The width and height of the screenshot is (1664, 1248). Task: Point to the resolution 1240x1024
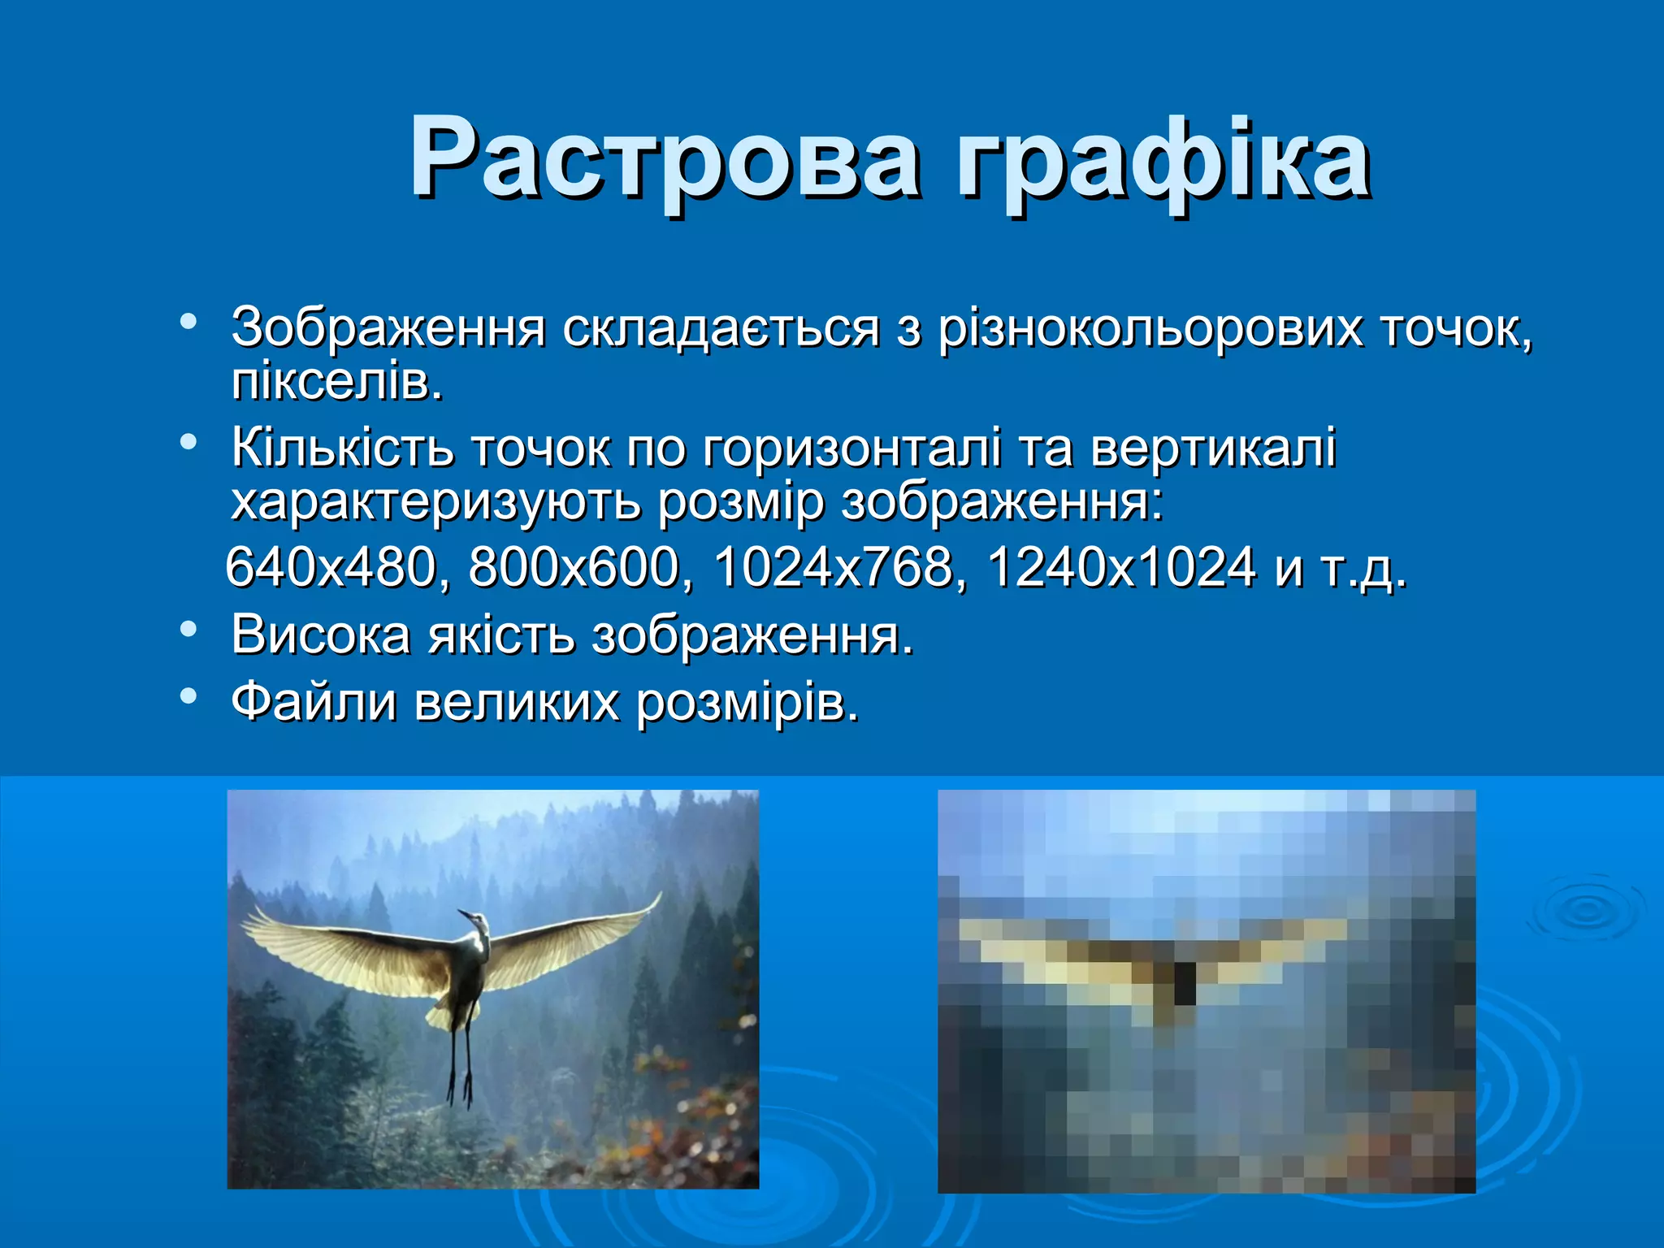[x=1121, y=567]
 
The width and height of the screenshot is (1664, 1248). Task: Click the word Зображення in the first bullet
[x=388, y=329]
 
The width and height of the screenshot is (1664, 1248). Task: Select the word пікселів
[x=336, y=382]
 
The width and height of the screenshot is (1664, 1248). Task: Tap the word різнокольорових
[x=1149, y=329]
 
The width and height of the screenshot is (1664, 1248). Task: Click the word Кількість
[x=341, y=448]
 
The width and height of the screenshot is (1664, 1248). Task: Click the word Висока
[x=320, y=635]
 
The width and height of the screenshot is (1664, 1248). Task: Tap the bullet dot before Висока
[x=188, y=629]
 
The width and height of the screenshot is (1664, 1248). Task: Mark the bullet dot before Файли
[x=188, y=695]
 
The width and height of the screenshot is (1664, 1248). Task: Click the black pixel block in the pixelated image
[x=1185, y=982]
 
